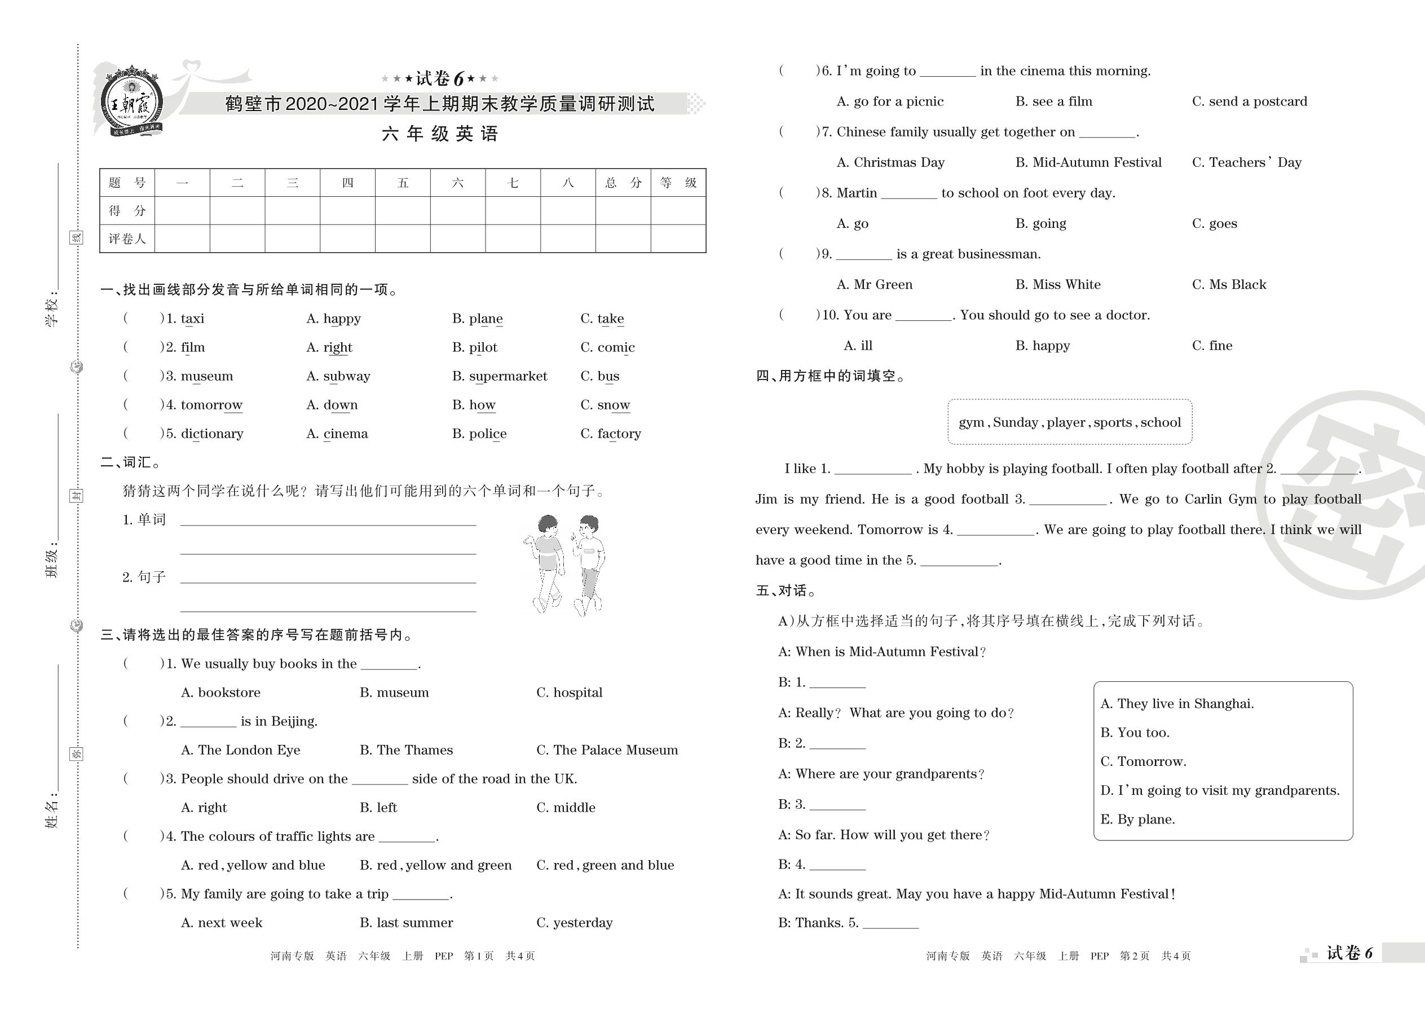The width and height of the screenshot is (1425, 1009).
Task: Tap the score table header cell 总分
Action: point(623,183)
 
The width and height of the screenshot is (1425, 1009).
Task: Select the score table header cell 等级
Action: point(678,183)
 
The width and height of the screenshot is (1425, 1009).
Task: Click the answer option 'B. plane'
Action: point(477,319)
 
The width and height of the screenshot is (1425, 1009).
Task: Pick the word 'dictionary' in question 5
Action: point(212,434)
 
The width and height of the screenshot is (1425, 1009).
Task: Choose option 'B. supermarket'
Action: point(500,376)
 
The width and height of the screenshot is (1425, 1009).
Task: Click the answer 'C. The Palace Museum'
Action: point(606,750)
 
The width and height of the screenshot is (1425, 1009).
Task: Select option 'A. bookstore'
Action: point(220,693)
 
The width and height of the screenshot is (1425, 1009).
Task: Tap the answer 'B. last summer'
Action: point(406,923)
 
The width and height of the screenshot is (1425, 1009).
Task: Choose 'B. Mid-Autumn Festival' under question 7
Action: point(1088,163)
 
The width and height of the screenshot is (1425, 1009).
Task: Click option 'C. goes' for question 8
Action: point(1214,224)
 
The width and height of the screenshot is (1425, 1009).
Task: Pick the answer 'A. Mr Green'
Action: point(874,285)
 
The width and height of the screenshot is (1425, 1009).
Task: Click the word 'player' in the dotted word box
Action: point(1066,422)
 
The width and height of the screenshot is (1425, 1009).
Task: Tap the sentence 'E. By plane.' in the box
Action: point(1137,819)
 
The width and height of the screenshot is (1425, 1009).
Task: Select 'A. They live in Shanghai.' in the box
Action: point(1176,704)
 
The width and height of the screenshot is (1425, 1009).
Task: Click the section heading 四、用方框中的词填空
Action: point(831,376)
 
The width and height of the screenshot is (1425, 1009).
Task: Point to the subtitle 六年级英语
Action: point(440,134)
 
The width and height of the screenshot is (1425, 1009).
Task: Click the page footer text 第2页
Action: point(1134,956)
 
